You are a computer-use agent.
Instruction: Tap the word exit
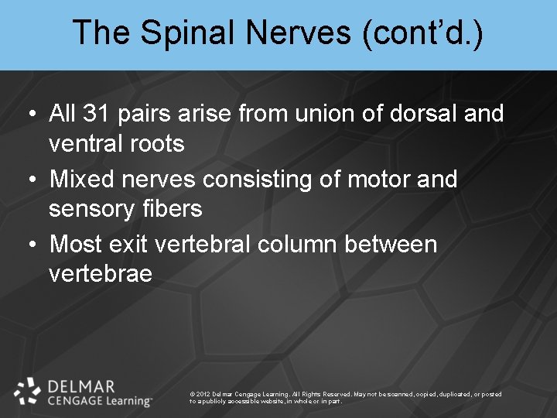click(131, 244)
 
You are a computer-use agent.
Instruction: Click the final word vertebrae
click(101, 273)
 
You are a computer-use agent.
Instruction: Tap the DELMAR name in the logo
click(80, 386)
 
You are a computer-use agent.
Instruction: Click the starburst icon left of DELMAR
click(28, 392)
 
